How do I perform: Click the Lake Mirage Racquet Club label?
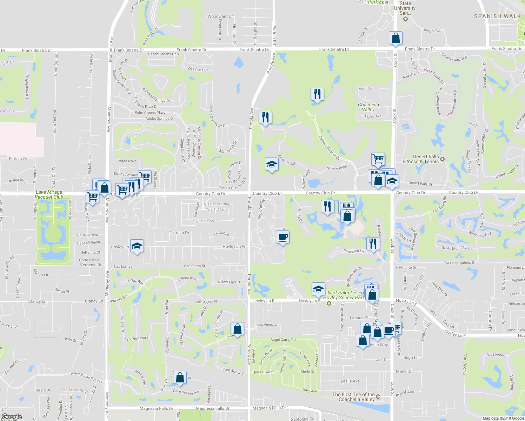point(49,195)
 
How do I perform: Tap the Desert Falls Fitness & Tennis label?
point(421,159)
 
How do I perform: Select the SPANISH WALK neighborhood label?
point(497,16)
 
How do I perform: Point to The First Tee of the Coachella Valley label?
point(353,397)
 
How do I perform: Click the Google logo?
point(12,417)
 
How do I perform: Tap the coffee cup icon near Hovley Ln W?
point(283,238)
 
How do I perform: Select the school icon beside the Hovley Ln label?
point(137,246)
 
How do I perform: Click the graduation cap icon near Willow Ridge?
point(272,164)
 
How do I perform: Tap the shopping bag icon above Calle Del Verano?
point(180,377)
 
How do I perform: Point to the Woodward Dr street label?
point(220,16)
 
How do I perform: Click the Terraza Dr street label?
point(179,233)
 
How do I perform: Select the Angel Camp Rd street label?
point(283,340)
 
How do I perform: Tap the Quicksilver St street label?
point(264,372)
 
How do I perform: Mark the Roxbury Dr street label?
point(18,159)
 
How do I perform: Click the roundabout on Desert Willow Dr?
point(313,118)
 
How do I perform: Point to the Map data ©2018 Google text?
point(503,418)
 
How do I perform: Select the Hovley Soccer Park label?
point(344,298)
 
